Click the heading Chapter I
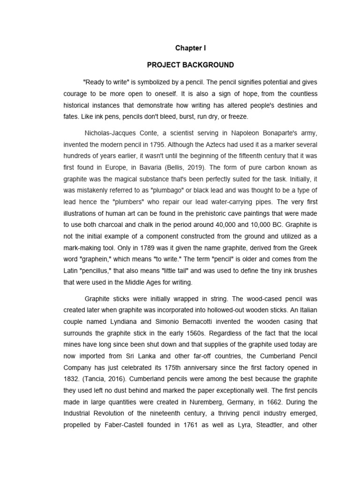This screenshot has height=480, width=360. pos(190,48)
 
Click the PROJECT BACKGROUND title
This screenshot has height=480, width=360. pos(190,65)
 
